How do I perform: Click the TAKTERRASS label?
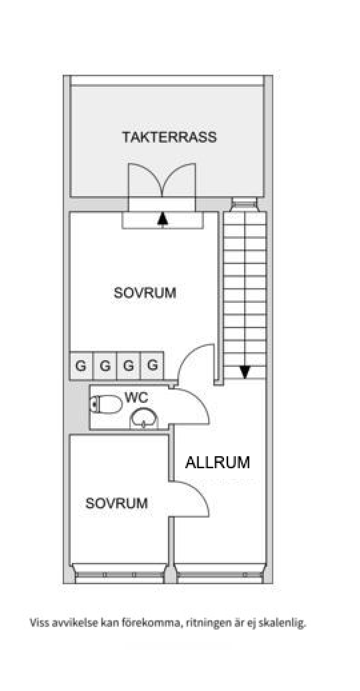pyautogui.click(x=169, y=137)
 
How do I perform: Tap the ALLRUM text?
pyautogui.click(x=217, y=462)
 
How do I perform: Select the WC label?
pyautogui.click(x=136, y=397)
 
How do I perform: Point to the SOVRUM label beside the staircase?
pyautogui.click(x=145, y=293)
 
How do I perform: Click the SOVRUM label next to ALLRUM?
pyautogui.click(x=116, y=503)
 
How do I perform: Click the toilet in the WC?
pyautogui.click(x=106, y=404)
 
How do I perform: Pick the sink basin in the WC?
pyautogui.click(x=144, y=419)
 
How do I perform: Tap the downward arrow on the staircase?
pyautogui.click(x=245, y=372)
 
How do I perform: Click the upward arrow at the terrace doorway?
pyautogui.click(x=163, y=219)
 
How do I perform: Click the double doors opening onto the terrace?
pyautogui.click(x=162, y=181)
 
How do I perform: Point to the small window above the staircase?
pyautogui.click(x=244, y=203)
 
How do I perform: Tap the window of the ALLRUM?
pyautogui.click(x=220, y=574)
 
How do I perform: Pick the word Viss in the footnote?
pyautogui.click(x=38, y=622)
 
